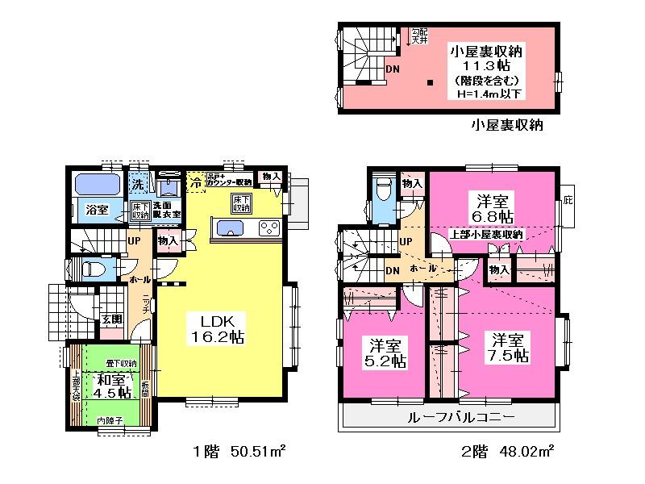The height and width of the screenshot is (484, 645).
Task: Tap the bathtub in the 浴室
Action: (98, 185)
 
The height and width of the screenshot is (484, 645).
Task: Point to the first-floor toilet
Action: (90, 269)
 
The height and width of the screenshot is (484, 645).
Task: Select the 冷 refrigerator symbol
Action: (195, 183)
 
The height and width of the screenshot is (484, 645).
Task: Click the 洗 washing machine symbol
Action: (139, 182)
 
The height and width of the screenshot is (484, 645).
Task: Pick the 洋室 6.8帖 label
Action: (493, 208)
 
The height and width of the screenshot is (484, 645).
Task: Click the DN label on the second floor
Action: (393, 270)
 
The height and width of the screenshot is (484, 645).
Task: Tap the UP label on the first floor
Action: (135, 240)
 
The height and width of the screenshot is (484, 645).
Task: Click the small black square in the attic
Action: (431, 81)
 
